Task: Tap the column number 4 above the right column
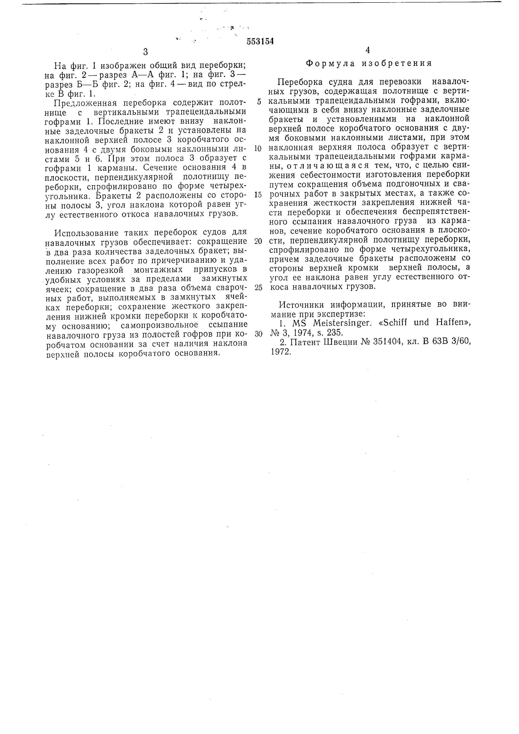pyautogui.click(x=367, y=50)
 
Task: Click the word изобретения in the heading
pyautogui.click(x=396, y=63)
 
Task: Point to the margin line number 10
pyautogui.click(x=258, y=149)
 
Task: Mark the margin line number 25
pyautogui.click(x=258, y=287)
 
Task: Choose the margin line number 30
pyautogui.click(x=258, y=334)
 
